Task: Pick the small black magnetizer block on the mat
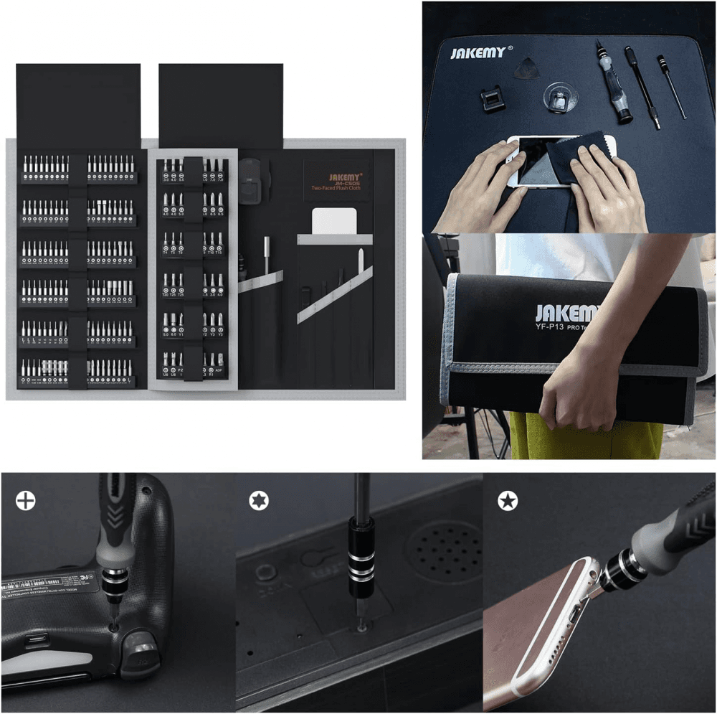492,98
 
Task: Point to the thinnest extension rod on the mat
672,86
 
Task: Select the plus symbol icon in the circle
26,500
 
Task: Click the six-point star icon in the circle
259,500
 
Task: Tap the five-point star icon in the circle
508,501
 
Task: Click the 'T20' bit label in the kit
166,294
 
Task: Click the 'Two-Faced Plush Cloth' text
337,188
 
